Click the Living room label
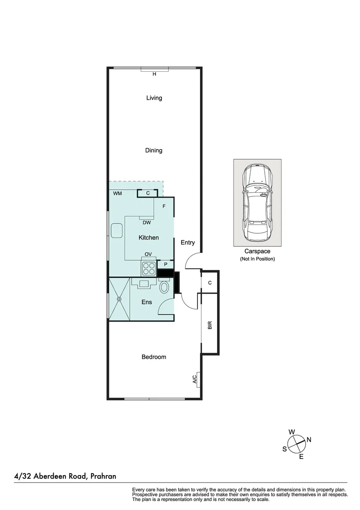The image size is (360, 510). [154, 98]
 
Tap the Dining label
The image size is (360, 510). [154, 150]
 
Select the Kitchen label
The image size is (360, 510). [149, 238]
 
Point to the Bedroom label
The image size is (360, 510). [154, 357]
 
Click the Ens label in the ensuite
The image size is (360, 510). [147, 302]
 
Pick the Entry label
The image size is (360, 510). [188, 243]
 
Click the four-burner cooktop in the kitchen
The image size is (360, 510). [149, 268]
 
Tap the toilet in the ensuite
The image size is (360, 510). [164, 287]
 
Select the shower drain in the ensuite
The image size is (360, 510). [119, 299]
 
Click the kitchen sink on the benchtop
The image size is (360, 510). [116, 231]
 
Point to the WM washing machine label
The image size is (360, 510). [117, 194]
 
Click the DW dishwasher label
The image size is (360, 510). [147, 222]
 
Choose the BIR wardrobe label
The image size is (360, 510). [210, 325]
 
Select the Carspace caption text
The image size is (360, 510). [257, 252]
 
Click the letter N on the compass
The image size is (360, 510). [309, 440]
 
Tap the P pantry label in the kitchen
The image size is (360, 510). [166, 264]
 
